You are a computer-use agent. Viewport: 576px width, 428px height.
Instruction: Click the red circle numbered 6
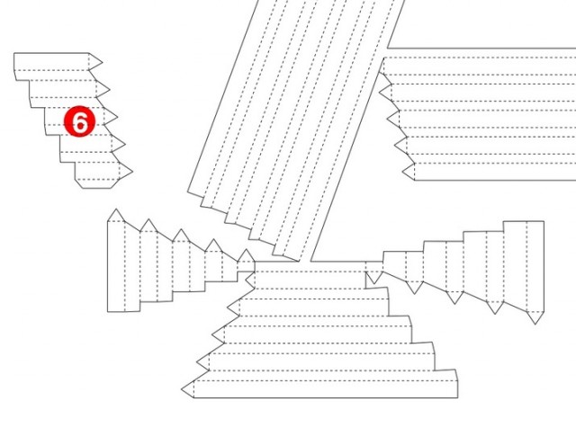pos(80,121)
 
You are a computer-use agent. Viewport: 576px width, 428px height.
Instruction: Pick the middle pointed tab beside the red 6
pos(110,117)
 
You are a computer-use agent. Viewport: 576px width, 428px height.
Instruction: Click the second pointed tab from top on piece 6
pos(102,89)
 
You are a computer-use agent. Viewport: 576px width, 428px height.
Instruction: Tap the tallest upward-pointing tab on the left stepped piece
pos(116,216)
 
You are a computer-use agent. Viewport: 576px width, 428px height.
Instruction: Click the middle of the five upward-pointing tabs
pos(181,236)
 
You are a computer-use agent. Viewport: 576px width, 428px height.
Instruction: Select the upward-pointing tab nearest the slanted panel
pos(246,256)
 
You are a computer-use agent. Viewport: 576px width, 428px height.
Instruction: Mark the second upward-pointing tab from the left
pos(148,226)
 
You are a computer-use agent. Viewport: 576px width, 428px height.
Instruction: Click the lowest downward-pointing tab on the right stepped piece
pos(535,317)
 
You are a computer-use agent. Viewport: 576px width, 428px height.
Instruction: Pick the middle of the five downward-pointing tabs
pos(454,298)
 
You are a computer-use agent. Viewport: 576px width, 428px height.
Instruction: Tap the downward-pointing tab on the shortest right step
pos(374,277)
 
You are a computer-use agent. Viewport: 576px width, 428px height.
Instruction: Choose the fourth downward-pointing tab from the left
pos(495,307)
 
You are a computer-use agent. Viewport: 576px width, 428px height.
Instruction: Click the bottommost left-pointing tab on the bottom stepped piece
pos(189,388)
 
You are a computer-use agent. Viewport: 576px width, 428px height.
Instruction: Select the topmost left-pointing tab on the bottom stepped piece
pos(250,280)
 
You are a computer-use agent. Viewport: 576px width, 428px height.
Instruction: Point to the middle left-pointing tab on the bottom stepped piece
pos(220,334)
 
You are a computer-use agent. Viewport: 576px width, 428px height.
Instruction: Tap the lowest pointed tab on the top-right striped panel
pos(409,172)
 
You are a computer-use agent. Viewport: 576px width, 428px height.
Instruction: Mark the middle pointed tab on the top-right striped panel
pos(394,119)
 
